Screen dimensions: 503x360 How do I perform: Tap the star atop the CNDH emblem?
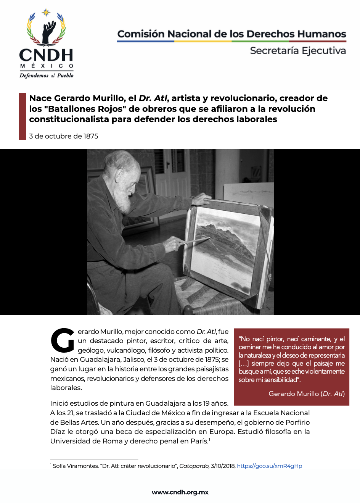coord(46,13)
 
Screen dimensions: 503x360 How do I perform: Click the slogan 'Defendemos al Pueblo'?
coord(47,76)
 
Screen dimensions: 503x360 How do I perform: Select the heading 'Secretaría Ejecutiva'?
coord(298,51)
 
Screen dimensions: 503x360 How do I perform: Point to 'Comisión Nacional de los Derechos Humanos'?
coord(231,34)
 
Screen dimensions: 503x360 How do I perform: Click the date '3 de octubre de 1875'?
coord(64,136)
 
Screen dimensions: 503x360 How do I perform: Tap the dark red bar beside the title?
coord(22,116)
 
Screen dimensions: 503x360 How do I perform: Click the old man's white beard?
coord(124,198)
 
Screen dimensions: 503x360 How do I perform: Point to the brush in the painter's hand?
coord(196,240)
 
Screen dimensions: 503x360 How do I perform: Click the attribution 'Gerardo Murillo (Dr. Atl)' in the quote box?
coord(307,394)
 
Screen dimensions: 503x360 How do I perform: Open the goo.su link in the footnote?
coord(269,466)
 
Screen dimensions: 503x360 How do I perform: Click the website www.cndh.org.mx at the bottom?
coord(180,492)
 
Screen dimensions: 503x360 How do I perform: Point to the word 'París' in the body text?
coord(199,441)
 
